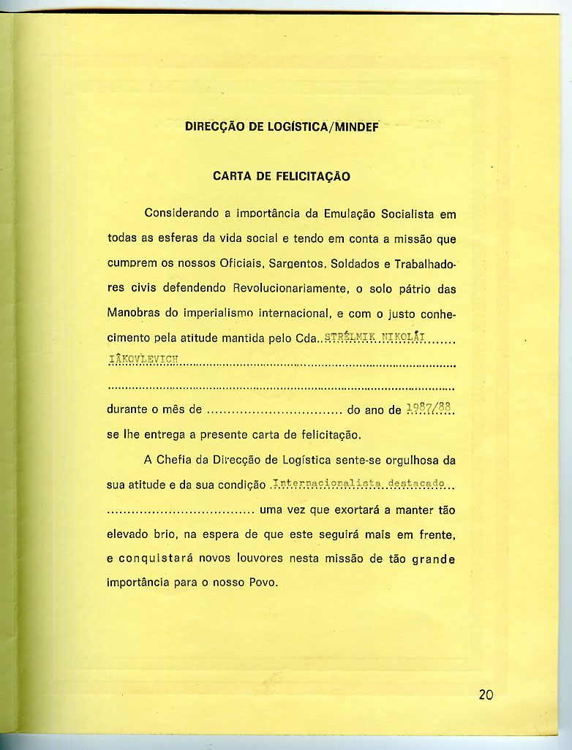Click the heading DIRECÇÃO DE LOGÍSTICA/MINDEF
(282, 126)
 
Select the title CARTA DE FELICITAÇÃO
(282, 176)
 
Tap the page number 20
(486, 694)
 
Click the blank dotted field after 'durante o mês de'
(275, 410)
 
